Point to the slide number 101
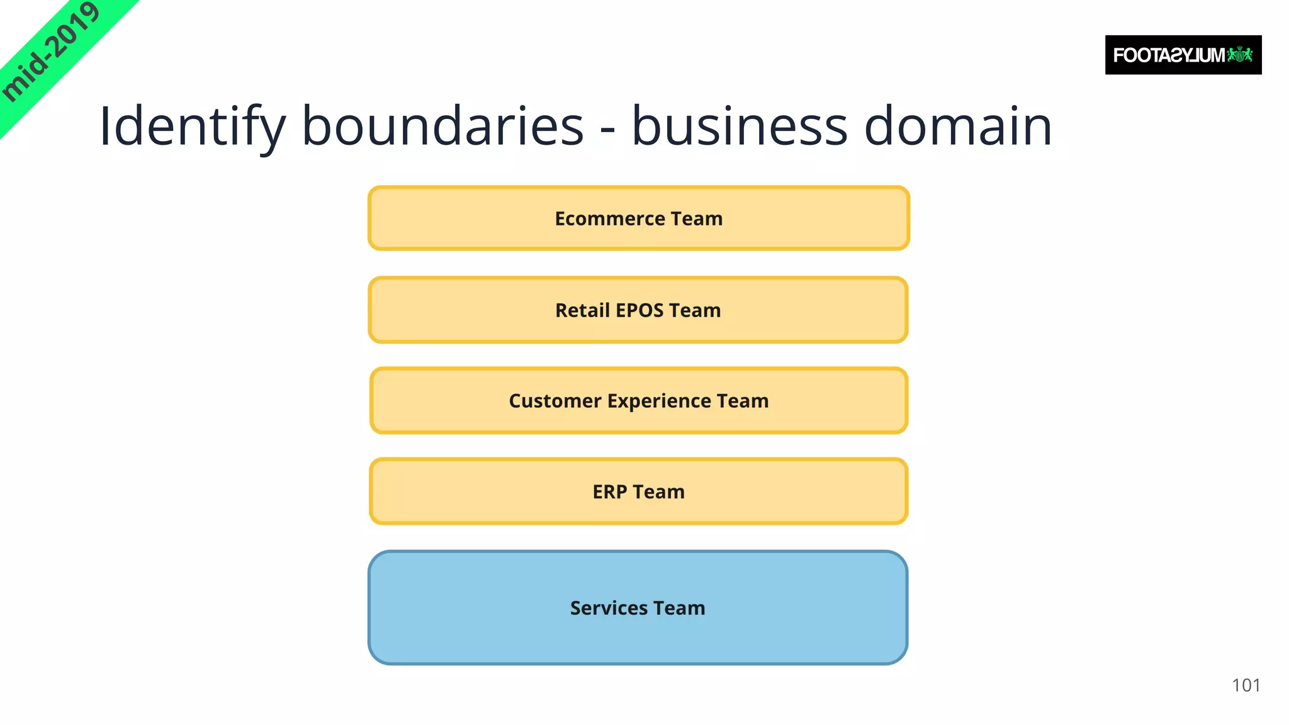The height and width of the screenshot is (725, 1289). click(1246, 685)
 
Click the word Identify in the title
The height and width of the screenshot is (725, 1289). click(191, 126)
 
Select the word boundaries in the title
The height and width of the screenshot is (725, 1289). click(442, 126)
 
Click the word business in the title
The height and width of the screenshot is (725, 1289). click(740, 126)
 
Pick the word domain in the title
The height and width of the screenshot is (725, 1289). click(958, 126)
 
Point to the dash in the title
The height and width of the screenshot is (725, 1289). click(607, 130)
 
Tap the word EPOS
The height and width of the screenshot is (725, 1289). click(639, 310)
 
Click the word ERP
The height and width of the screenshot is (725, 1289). click(609, 492)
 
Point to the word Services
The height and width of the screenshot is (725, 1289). click(609, 608)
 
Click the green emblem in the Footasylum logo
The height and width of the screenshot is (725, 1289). click(1240, 55)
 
